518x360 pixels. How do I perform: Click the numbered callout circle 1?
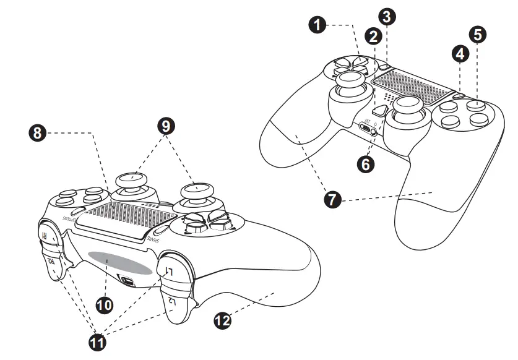[317, 25]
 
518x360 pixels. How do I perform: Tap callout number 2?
[372, 36]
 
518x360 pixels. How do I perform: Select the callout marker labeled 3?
[387, 15]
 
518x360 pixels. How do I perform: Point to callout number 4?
[459, 54]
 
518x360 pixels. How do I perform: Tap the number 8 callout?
[38, 132]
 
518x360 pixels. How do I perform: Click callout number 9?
[165, 126]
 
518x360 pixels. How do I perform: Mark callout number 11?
[97, 341]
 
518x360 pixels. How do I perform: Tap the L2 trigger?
[175, 302]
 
